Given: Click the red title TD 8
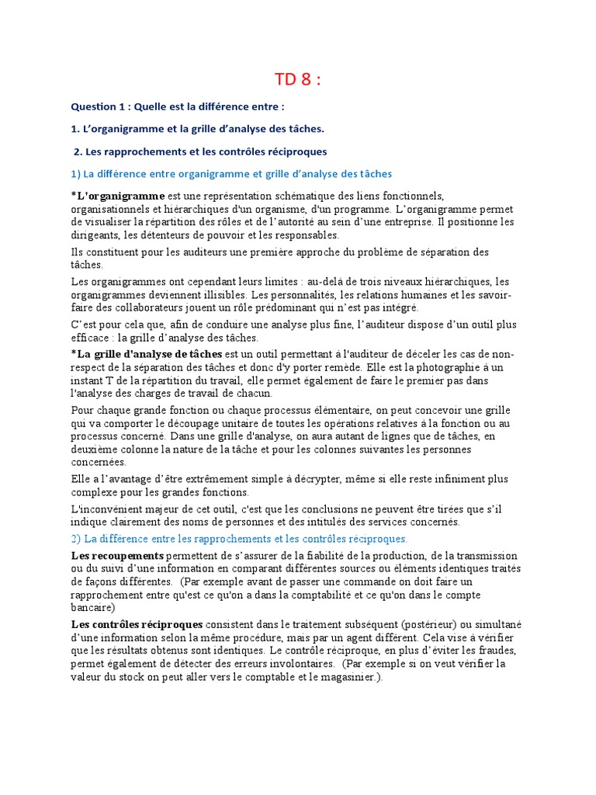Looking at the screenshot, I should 298,80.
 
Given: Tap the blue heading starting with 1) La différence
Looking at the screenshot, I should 231,173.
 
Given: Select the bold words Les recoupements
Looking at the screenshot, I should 117,556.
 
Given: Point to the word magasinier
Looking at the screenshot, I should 344,677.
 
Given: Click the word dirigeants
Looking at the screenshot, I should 96,235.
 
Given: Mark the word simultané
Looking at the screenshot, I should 497,625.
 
